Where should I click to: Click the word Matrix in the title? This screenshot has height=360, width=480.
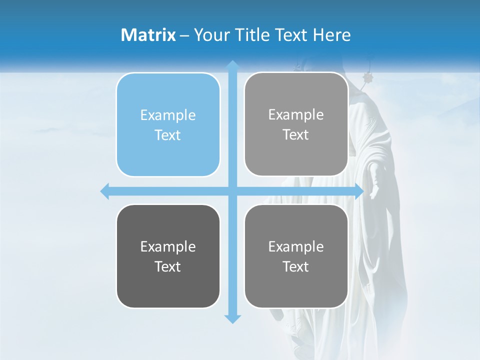click(x=148, y=35)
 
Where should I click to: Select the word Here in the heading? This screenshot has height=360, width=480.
click(x=332, y=35)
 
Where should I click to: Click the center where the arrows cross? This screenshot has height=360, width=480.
click(x=232, y=191)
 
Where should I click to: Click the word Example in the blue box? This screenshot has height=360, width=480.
click(x=168, y=115)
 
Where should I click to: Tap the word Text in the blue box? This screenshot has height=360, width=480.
click(x=168, y=135)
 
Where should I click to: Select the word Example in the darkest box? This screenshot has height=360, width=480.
click(x=168, y=246)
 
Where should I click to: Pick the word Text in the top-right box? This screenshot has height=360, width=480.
click(x=296, y=135)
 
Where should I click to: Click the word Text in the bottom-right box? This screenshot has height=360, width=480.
click(x=296, y=266)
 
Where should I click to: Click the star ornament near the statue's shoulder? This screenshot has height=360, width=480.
click(x=369, y=77)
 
